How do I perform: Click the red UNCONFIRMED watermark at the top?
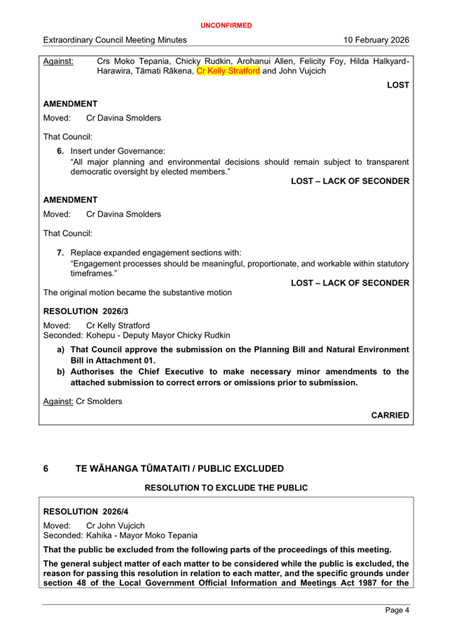[x=226, y=25]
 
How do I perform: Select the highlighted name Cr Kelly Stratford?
[x=228, y=71]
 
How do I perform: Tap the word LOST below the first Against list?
[x=398, y=85]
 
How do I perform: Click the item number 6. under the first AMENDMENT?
[x=61, y=151]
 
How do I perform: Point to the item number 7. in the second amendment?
[x=61, y=253]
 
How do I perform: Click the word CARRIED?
[x=390, y=415]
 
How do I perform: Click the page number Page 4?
[x=397, y=611]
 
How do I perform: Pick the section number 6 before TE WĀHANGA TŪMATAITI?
[x=46, y=468]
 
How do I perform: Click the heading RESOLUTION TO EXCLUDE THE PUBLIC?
[x=226, y=487]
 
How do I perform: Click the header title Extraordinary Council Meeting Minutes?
[x=115, y=40]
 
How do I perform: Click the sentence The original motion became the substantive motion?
[x=138, y=292]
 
